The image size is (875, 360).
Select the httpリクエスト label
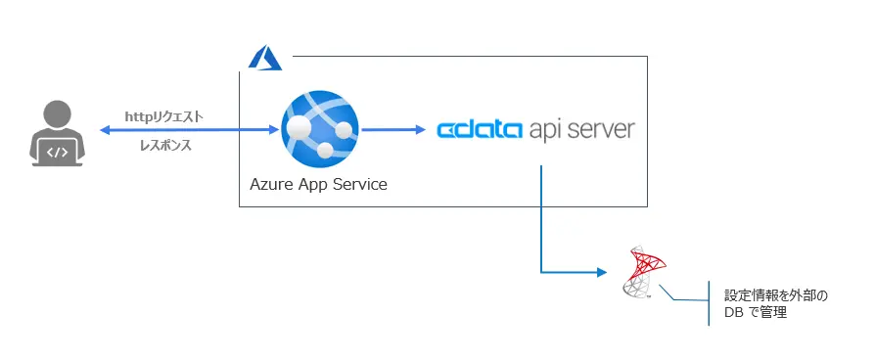tap(163, 116)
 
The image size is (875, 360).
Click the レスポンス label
tap(163, 144)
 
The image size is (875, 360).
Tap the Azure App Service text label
tap(318, 184)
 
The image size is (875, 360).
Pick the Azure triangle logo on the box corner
tap(264, 58)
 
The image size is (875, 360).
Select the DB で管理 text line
tap(755, 313)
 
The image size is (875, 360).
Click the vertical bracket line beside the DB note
tap(710, 303)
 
